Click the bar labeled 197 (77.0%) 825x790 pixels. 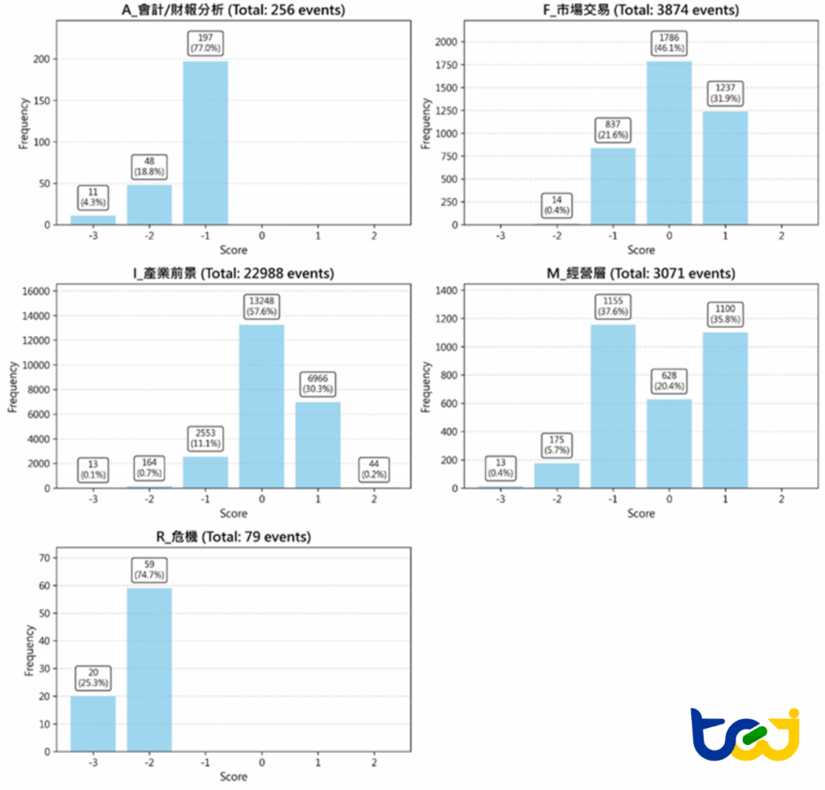click(205, 143)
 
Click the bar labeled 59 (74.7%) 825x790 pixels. click(149, 669)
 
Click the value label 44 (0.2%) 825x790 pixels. click(374, 469)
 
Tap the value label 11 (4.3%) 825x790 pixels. click(93, 197)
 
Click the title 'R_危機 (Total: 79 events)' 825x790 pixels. click(234, 536)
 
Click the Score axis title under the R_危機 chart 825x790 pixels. click(234, 777)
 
